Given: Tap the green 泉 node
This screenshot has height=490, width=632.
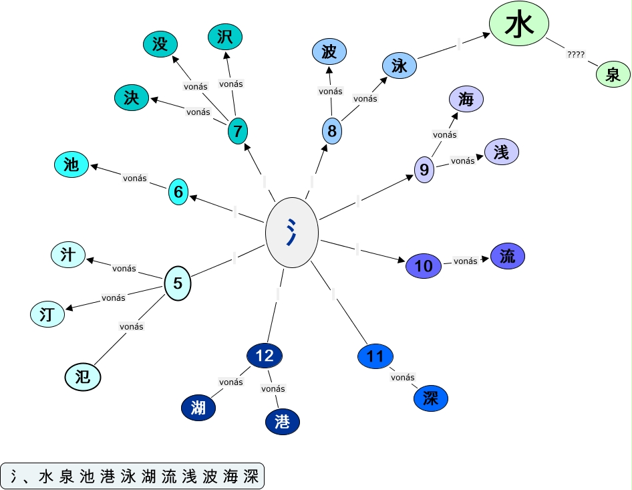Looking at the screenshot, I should click(x=613, y=74).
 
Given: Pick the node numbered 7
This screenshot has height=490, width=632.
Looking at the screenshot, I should click(x=238, y=130).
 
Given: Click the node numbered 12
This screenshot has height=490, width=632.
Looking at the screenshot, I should click(x=265, y=356).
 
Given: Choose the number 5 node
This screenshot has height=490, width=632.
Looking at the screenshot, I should click(x=178, y=283).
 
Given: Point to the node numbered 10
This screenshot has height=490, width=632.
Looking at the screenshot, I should click(x=424, y=266).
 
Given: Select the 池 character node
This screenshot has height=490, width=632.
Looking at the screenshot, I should click(x=71, y=164).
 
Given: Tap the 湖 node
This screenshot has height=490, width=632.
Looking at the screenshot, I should click(x=198, y=407).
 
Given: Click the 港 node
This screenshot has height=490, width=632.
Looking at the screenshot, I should click(x=283, y=421).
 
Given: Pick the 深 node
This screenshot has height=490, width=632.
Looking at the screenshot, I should click(x=430, y=398).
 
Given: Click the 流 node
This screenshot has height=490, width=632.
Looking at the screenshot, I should click(x=508, y=256).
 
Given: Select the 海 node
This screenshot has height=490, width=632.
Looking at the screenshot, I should click(x=466, y=100).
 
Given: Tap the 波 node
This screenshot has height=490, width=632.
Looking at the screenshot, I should click(x=329, y=51).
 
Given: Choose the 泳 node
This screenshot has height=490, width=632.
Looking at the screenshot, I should click(x=400, y=66).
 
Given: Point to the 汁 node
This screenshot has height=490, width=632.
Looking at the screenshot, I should click(x=68, y=254).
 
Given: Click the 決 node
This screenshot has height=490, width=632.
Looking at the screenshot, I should click(x=131, y=98).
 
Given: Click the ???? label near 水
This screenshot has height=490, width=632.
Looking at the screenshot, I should click(x=576, y=55).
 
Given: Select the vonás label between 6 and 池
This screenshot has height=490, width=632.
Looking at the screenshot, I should click(x=134, y=178).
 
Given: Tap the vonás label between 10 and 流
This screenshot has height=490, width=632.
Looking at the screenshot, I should click(x=466, y=261).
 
